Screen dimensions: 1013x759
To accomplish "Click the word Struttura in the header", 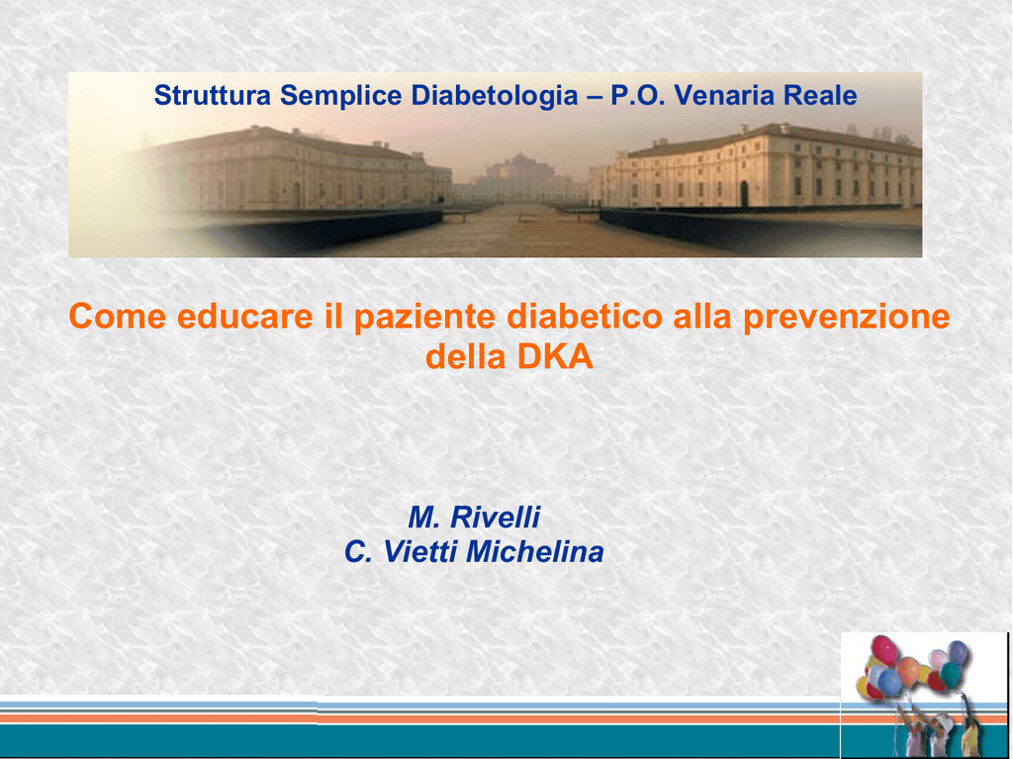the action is click(x=212, y=95).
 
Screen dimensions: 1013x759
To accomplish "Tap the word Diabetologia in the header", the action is click(x=495, y=96).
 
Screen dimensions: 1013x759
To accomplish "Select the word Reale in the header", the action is click(x=820, y=95).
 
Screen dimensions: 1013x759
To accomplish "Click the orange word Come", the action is click(x=117, y=316).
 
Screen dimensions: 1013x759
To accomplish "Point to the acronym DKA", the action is click(x=555, y=357).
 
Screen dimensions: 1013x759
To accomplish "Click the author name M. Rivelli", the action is click(x=474, y=517).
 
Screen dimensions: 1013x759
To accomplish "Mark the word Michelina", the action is click(x=535, y=551).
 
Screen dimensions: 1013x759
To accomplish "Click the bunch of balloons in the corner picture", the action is click(x=911, y=667).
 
